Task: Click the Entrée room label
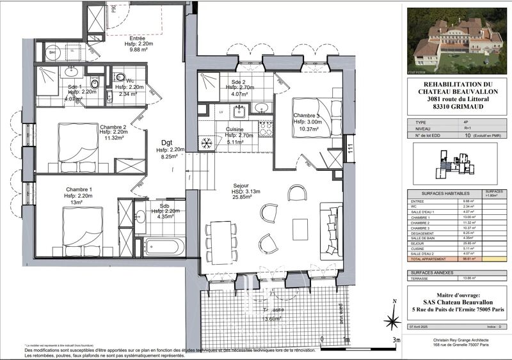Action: (x=137, y=38)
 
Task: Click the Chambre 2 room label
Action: (x=113, y=127)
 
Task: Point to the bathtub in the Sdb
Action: (x=163, y=246)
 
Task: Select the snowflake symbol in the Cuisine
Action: (x=207, y=142)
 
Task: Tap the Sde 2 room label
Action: (x=239, y=82)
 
